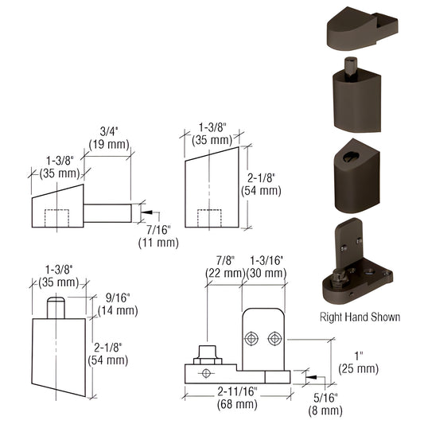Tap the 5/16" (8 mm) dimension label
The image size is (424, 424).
(326, 403)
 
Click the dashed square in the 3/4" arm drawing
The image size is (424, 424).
(57, 217)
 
